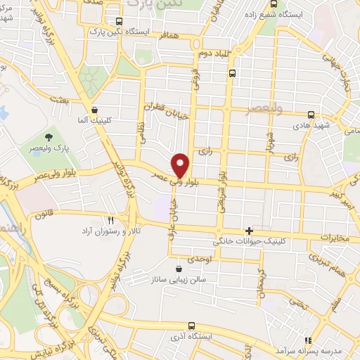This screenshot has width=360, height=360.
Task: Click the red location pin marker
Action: [x=181, y=165]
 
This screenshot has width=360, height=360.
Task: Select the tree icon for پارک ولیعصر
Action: [x=49, y=136]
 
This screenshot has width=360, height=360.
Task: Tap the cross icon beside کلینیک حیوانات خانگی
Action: [x=249, y=231]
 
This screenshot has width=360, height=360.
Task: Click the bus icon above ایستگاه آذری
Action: [x=193, y=325]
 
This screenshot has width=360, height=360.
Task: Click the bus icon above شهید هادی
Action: [x=311, y=114]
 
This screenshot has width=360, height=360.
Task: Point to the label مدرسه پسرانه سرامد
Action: [x=309, y=349]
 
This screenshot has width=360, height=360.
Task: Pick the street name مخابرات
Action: [x=334, y=238]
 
